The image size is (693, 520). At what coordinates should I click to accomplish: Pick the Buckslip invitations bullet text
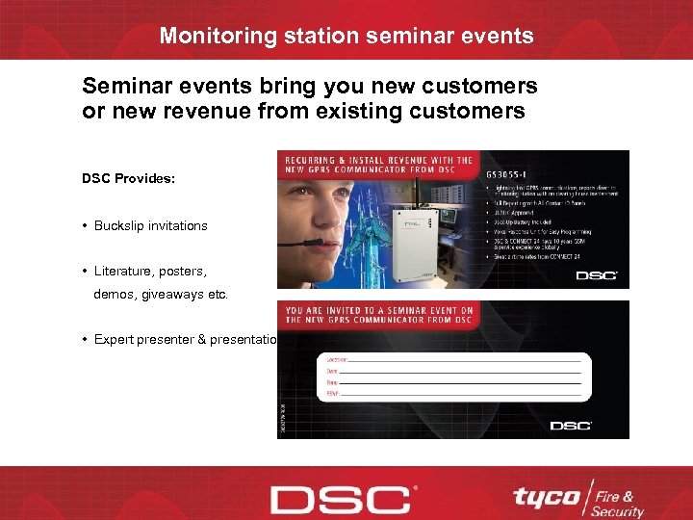(x=150, y=225)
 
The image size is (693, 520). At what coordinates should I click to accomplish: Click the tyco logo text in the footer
(x=546, y=497)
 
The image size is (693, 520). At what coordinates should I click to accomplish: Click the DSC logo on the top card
(x=596, y=275)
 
